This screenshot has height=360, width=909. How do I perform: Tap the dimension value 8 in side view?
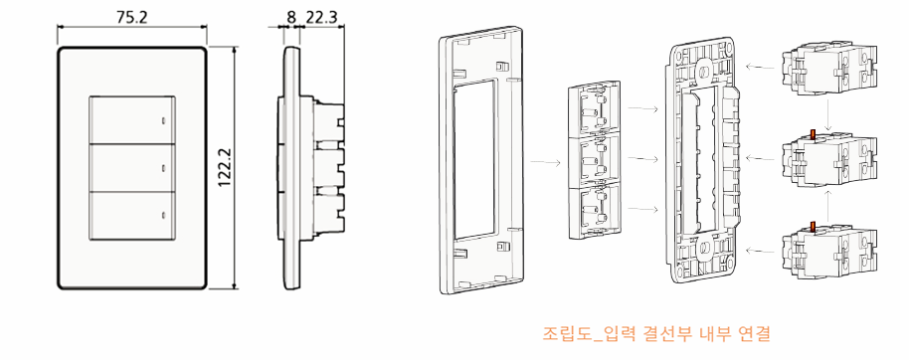click(290, 17)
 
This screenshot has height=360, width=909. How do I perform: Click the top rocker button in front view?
click(132, 119)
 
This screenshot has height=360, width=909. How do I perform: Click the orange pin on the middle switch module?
click(813, 134)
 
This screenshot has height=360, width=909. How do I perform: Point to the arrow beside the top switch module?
click(761, 68)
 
